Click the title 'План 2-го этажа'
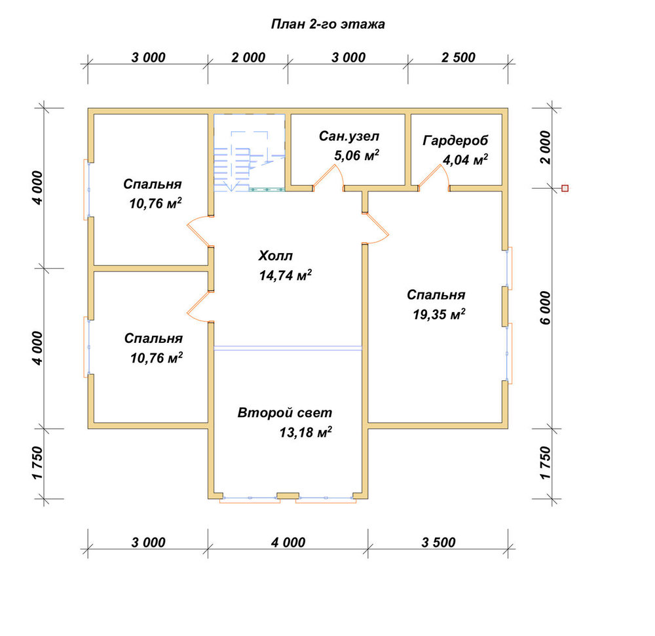tap(328, 24)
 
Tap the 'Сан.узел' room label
tap(349, 136)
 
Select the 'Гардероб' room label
tap(455, 141)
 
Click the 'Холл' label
tap(276, 256)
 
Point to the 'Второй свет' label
tap(285, 412)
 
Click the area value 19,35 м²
tap(439, 314)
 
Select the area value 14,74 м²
tap(286, 275)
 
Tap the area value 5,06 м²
tap(356, 155)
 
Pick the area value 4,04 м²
tap(465, 160)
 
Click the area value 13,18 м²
tap(305, 432)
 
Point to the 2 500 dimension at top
tap(458, 57)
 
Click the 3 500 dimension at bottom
tap(438, 542)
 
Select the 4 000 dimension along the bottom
tap(288, 542)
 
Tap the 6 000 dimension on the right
tap(546, 308)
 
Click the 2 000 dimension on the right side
tap(546, 147)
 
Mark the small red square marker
tap(565, 188)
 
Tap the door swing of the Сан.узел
tap(328, 176)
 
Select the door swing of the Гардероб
tap(434, 176)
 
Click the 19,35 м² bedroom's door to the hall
tap(376, 228)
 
